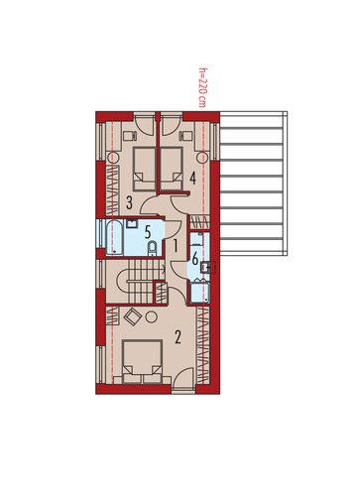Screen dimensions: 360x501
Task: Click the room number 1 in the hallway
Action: tap(176, 246)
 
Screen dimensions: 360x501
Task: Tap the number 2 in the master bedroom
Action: tap(178, 337)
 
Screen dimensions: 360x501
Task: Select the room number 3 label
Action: tap(129, 202)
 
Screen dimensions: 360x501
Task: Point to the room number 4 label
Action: tap(192, 178)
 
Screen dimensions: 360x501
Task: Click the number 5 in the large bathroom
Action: tap(148, 232)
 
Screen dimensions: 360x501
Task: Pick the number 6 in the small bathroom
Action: tap(195, 258)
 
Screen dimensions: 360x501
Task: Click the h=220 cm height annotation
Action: tap(202, 87)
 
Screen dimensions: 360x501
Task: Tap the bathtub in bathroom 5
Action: tap(114, 237)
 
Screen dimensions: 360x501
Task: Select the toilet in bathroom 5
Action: tap(152, 248)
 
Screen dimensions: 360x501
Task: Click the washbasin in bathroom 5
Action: tap(132, 223)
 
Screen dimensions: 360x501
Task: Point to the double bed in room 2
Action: tap(142, 361)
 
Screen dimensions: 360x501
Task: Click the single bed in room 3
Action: tap(144, 169)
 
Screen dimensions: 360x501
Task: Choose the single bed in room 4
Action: tap(172, 169)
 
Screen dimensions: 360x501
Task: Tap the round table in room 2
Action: tap(152, 317)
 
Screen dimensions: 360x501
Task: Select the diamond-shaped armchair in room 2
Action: tap(133, 317)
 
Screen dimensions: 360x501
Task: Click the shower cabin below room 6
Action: tap(199, 292)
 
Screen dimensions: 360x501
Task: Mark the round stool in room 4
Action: tap(202, 158)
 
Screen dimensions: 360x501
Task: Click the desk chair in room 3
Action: tap(130, 136)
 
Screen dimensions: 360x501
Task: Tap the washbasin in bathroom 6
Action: tap(207, 267)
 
